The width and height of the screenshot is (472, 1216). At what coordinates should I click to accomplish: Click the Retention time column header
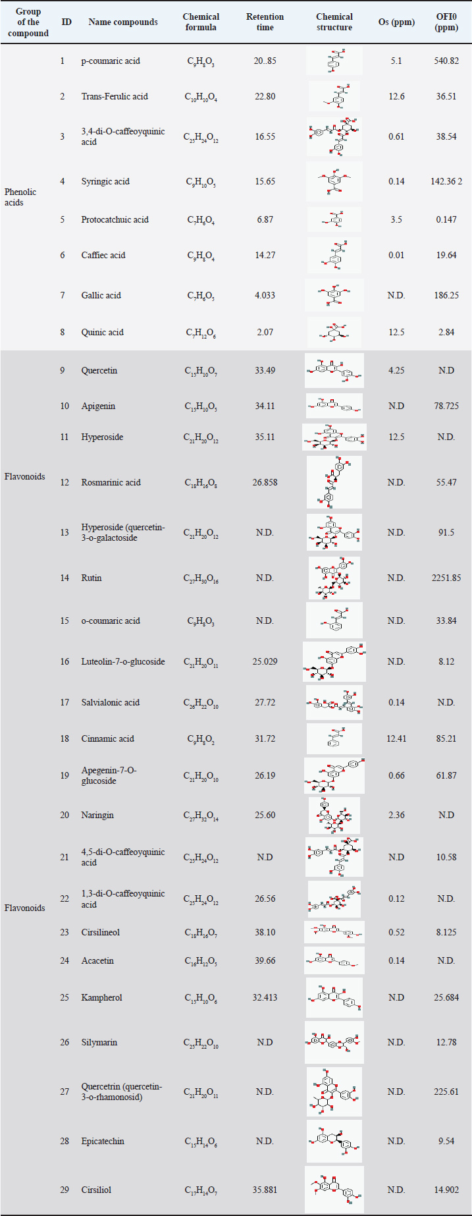(x=265, y=22)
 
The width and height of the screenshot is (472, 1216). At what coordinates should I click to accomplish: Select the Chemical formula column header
(x=201, y=22)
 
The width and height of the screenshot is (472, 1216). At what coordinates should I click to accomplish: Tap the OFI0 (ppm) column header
(x=446, y=22)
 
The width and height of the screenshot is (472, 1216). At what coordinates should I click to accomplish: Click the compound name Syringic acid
(x=105, y=181)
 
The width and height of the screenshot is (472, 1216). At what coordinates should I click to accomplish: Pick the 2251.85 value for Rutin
(x=446, y=578)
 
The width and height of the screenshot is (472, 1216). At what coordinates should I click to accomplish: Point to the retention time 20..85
(x=265, y=61)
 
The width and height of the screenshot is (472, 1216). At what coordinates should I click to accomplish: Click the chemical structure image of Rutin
(x=334, y=578)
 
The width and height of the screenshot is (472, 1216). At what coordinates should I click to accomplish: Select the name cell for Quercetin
(x=99, y=370)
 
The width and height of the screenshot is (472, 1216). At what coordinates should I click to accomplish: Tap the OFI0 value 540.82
(x=446, y=61)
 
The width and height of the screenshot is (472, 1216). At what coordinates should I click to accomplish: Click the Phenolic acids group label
(x=20, y=197)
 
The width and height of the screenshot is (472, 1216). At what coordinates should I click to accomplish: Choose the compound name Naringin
(x=97, y=815)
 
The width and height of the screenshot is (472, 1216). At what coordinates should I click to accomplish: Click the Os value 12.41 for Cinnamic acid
(x=396, y=738)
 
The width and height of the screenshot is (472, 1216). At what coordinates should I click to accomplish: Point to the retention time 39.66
(x=265, y=960)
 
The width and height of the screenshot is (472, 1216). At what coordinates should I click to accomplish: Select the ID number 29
(x=65, y=1190)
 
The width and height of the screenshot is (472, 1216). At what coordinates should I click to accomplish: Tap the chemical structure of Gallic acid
(x=334, y=295)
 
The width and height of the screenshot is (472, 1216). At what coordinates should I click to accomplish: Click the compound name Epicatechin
(x=103, y=1141)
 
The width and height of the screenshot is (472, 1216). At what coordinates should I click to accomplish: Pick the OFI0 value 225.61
(x=446, y=1092)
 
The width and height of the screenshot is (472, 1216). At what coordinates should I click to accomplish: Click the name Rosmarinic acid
(x=111, y=482)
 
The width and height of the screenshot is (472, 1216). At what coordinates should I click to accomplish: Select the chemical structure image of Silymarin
(x=334, y=1042)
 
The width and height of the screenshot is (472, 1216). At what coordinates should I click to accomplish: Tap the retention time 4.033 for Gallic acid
(x=265, y=295)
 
